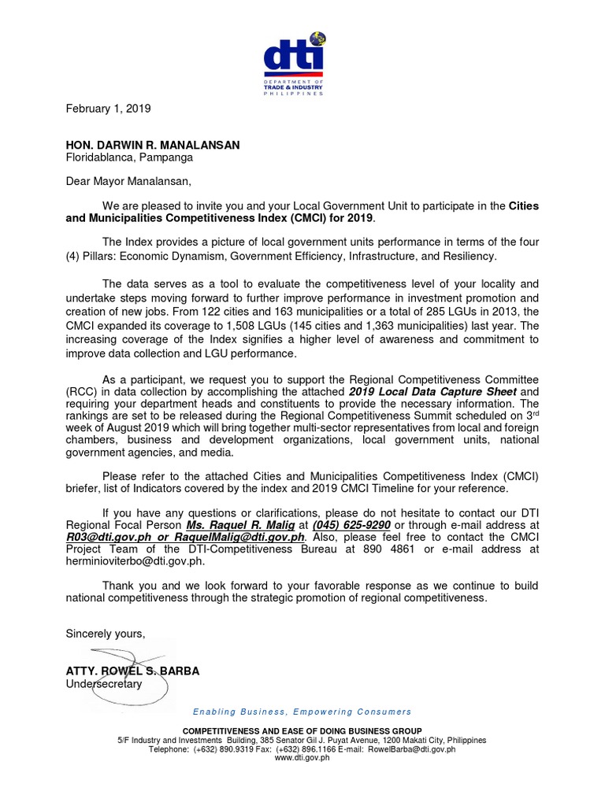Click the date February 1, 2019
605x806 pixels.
click(x=107, y=108)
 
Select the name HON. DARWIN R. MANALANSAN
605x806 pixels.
click(x=152, y=145)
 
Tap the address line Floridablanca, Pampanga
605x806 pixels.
click(x=129, y=157)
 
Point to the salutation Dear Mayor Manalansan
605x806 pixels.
click(x=128, y=183)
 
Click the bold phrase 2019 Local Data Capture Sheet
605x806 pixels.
click(x=432, y=391)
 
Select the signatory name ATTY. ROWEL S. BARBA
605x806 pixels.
click(x=132, y=671)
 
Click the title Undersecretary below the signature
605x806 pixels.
click(x=104, y=684)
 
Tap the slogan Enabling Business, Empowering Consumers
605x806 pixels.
click(x=302, y=712)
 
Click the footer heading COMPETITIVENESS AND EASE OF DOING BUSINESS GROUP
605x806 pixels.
click(x=302, y=731)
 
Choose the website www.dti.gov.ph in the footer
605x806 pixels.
click(x=302, y=758)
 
